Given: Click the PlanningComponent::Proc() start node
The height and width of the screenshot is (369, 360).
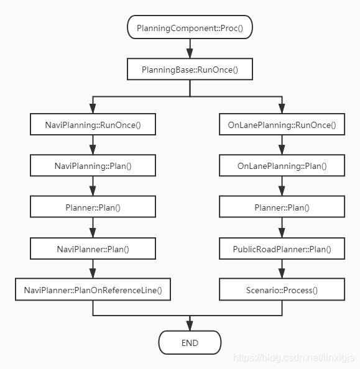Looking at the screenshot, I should click(x=190, y=28).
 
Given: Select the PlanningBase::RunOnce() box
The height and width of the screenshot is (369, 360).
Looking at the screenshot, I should click(x=190, y=69).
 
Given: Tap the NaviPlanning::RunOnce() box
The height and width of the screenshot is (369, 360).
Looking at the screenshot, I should click(x=93, y=125).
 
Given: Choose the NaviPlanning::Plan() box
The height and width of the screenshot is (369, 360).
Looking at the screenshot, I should click(x=93, y=166).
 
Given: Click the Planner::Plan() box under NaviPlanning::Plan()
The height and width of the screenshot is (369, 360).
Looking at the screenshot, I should click(x=93, y=207).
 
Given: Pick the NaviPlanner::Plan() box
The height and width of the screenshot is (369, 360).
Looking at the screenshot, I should click(x=93, y=248).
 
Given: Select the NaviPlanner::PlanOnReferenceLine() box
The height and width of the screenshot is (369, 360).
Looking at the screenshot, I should click(x=93, y=289).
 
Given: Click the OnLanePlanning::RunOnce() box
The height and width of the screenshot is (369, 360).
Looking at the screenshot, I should click(x=282, y=125).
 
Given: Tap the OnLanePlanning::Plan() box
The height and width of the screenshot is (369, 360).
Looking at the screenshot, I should click(x=282, y=166).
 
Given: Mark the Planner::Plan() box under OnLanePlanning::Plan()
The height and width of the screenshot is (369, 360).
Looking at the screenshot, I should click(x=282, y=207).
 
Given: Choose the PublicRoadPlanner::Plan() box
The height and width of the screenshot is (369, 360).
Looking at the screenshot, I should click(x=282, y=248).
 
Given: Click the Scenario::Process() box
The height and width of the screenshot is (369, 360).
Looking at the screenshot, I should click(x=282, y=289).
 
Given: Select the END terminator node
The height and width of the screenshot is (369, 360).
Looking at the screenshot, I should click(x=190, y=343).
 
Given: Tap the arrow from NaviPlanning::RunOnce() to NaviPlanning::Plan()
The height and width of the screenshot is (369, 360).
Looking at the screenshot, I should click(x=93, y=146).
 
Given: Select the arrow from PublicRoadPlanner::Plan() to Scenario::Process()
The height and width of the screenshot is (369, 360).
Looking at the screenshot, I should click(x=282, y=270).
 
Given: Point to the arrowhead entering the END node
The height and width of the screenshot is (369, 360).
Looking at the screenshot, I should click(x=190, y=326).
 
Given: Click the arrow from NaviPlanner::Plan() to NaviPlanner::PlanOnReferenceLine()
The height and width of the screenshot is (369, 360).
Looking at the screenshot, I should click(x=93, y=270).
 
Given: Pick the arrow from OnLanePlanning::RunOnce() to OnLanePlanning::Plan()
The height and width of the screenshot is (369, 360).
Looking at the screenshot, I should click(x=282, y=146).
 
